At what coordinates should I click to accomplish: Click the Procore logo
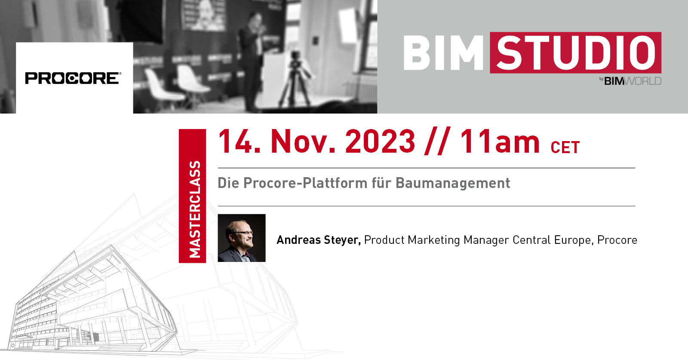(x=73, y=78)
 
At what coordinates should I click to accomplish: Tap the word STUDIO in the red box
(x=575, y=53)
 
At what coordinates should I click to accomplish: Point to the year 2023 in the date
(x=380, y=142)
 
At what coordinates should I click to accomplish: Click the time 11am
(x=500, y=142)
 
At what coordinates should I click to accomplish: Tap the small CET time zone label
(x=565, y=148)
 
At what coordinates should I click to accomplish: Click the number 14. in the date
(x=239, y=142)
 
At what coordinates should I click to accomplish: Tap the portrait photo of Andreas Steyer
(x=242, y=238)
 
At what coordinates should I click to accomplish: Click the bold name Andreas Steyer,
(x=318, y=240)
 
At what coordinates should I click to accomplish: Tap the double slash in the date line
(x=437, y=142)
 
